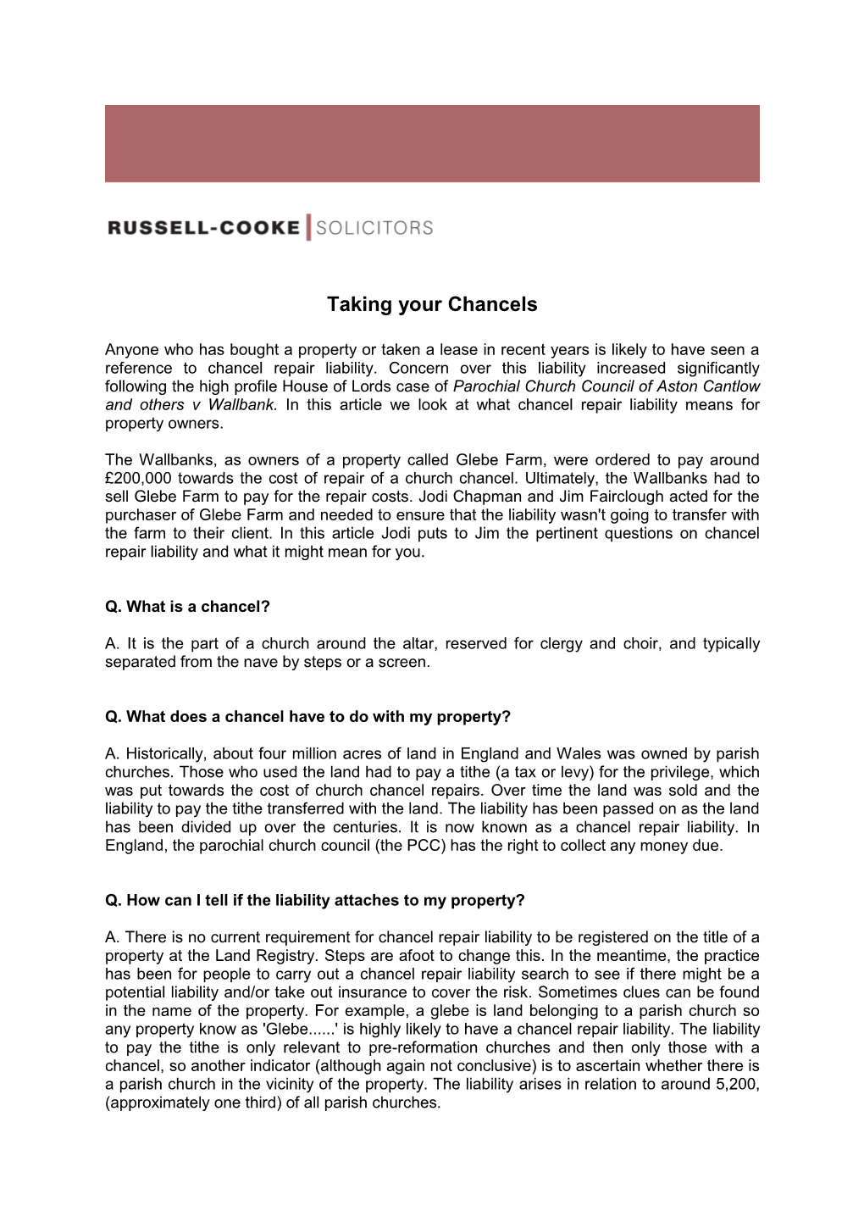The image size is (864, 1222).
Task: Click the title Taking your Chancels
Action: coord(432,305)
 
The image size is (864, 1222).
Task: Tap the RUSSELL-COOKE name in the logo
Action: coord(203,228)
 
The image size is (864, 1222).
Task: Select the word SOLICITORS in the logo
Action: coord(374,228)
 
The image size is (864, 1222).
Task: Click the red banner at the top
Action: coord(432,143)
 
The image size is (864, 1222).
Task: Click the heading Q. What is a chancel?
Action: coord(187,607)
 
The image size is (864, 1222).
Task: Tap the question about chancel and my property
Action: coord(307,717)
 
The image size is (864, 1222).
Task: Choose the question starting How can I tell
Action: coord(314,901)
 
